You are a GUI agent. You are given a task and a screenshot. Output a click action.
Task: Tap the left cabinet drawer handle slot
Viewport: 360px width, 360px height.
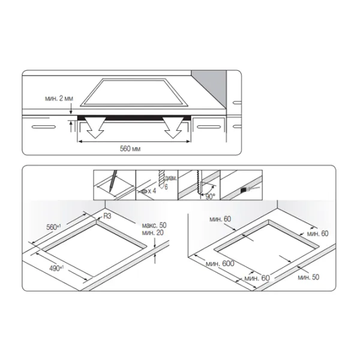point(40,127)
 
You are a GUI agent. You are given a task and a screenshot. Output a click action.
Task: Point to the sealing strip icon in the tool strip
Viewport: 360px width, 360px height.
point(244,189)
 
